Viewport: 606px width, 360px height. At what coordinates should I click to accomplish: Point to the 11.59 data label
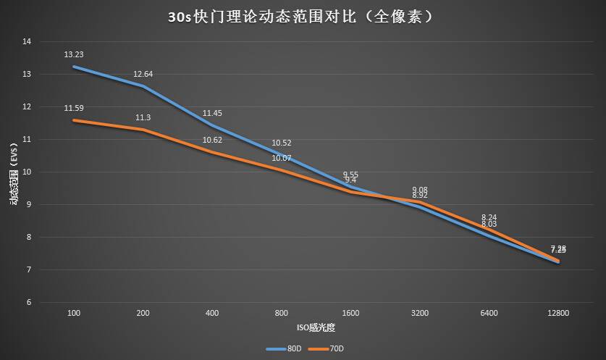tap(73, 108)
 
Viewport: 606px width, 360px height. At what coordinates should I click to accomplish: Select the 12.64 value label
tap(143, 74)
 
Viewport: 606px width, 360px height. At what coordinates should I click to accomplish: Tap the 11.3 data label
tap(143, 117)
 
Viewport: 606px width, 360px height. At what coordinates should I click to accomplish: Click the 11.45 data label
tap(212, 113)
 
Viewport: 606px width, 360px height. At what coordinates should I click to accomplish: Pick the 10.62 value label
tap(212, 140)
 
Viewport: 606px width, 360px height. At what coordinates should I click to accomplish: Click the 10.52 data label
tap(281, 143)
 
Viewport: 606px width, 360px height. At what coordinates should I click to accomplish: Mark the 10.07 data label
tap(281, 158)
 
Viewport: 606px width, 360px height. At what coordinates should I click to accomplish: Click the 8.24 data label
tap(489, 217)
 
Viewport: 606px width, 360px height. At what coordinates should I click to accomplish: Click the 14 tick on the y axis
tap(28, 42)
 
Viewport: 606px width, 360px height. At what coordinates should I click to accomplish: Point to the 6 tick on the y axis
tap(29, 303)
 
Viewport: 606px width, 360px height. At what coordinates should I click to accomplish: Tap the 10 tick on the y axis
tap(28, 172)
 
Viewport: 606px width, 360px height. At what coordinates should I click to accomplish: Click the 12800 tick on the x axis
tap(558, 314)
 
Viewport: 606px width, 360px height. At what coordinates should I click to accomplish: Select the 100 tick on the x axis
tap(73, 314)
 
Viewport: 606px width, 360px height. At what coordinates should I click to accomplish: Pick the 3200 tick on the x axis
tap(419, 314)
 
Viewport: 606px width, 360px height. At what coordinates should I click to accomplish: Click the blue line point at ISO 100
tap(73, 67)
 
